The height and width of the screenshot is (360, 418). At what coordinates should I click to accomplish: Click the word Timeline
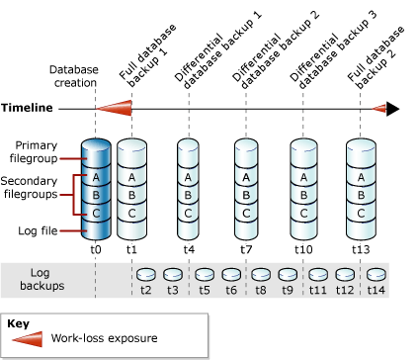click(26, 108)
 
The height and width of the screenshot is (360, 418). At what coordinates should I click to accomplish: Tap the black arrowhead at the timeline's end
click(392, 109)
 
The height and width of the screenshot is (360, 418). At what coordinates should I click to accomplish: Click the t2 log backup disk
click(147, 274)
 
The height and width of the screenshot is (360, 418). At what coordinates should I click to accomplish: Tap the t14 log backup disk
click(376, 274)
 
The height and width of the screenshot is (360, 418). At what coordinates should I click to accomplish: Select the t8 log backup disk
click(262, 274)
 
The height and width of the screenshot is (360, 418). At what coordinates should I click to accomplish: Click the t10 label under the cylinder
click(302, 249)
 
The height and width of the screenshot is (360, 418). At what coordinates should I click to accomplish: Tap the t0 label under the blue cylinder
click(95, 249)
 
